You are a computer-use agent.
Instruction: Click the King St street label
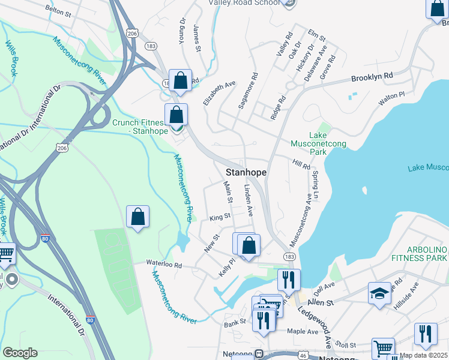[220, 218]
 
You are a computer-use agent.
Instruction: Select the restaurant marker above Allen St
[288, 279]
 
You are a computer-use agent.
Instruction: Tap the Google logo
[20, 353]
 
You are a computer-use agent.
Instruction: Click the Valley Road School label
[244, 2]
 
